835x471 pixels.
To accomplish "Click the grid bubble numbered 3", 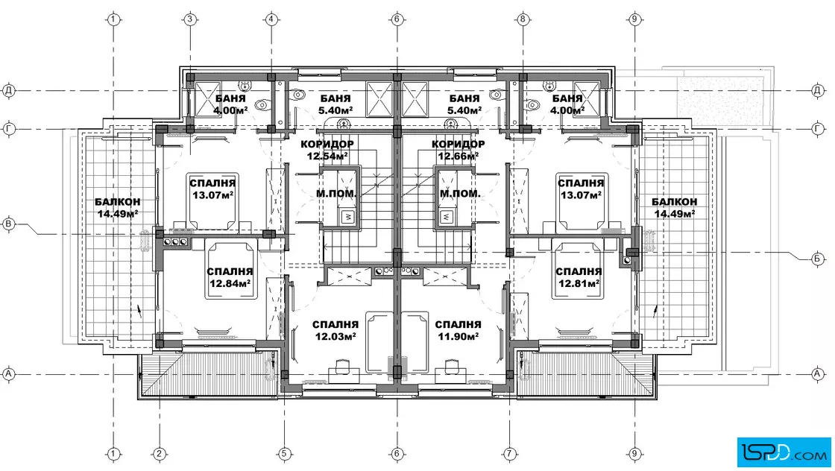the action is tap(190, 19).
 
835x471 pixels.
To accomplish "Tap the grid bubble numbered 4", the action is tap(271, 19).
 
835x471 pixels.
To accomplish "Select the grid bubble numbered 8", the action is tap(523, 19).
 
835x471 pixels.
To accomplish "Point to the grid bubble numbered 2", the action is tap(160, 453).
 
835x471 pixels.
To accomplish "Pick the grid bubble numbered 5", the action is tap(284, 453).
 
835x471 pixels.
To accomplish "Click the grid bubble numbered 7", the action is tap(510, 453).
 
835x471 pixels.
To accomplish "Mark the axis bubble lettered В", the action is tap(8, 224).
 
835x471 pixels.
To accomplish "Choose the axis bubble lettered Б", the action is tap(818, 259).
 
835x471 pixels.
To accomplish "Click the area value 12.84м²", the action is tap(230, 284).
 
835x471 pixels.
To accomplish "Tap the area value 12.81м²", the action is tap(579, 283).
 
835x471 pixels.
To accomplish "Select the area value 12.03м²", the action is tap(335, 336).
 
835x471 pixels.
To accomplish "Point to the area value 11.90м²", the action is tap(458, 336).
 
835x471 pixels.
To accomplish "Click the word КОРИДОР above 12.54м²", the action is tap(327, 145).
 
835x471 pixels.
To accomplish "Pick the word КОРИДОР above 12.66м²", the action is tap(458, 145).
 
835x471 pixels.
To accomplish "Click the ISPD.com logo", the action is tap(784, 452).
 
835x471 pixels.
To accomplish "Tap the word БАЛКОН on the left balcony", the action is tap(118, 202).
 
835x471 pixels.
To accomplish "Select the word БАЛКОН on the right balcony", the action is tap(674, 202).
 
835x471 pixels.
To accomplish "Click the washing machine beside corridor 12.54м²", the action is tap(347, 217).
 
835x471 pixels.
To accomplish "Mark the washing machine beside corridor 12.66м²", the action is tap(447, 217).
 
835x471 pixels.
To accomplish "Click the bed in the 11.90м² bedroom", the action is tap(415, 342).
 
